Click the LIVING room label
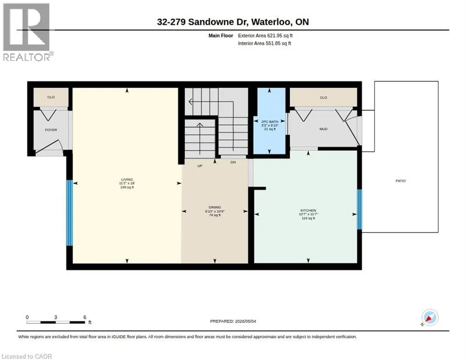pyautogui.click(x=127, y=180)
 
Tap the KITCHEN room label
pyautogui.click(x=308, y=210)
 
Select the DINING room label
pyautogui.click(x=215, y=207)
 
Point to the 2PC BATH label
pyautogui.click(x=270, y=121)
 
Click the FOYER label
pyautogui.click(x=51, y=130)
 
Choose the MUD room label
pyautogui.click(x=323, y=129)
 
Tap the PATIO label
pyautogui.click(x=401, y=181)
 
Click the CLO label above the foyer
pyautogui.click(x=51, y=97)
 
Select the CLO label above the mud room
pyautogui.click(x=323, y=97)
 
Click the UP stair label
pyautogui.click(x=200, y=166)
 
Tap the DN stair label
pyautogui.click(x=233, y=162)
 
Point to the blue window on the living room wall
pyautogui.click(x=69, y=213)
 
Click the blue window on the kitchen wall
pyautogui.click(x=359, y=210)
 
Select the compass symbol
pyautogui.click(x=429, y=317)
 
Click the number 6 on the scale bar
pyautogui.click(x=85, y=317)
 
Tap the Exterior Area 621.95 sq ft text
pyautogui.click(x=265, y=36)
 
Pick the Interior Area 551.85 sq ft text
pyautogui.click(x=264, y=44)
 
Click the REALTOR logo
pyautogui.click(x=27, y=32)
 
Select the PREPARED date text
pyautogui.click(x=233, y=322)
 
